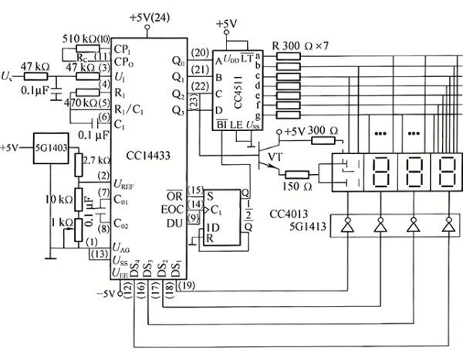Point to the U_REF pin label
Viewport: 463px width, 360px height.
click(126, 183)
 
